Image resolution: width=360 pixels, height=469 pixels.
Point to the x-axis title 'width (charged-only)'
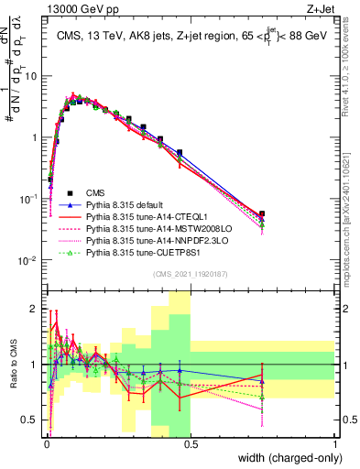coord(284,459)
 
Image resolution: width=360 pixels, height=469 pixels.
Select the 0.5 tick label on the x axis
coord(191,445)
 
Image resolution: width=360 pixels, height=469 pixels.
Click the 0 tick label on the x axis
coord(46,445)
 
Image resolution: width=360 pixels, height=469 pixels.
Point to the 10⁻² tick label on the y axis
coord(28,260)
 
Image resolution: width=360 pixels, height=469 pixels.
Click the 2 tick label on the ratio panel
coord(35,307)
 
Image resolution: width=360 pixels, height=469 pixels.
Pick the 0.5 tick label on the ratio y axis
coord(31,421)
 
